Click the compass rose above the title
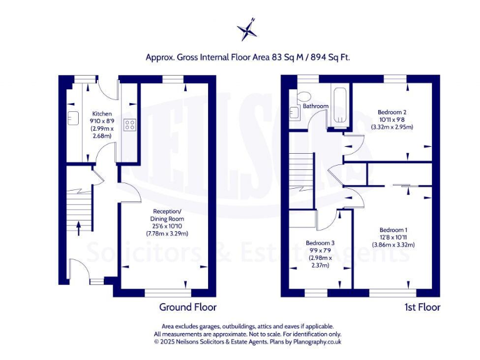[x=247, y=29]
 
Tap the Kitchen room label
[x=102, y=114]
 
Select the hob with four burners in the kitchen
[x=130, y=125]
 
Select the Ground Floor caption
[x=187, y=307]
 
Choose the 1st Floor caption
[x=421, y=307]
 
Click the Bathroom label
[x=316, y=106]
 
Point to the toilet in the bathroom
[x=304, y=96]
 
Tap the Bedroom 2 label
[x=392, y=111]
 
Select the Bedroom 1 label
[x=393, y=229]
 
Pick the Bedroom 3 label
[x=319, y=243]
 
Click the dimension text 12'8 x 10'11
[x=393, y=237]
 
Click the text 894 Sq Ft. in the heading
[x=325, y=57]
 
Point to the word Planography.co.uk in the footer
[x=316, y=342]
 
